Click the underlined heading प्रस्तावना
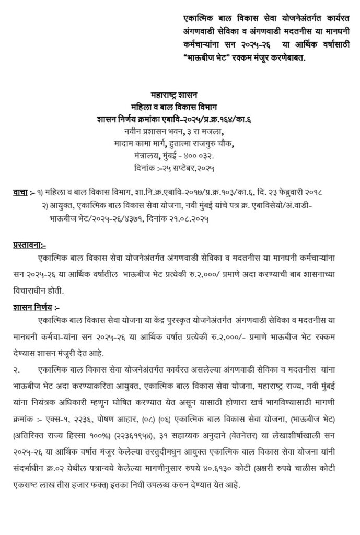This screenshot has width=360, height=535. [29, 244]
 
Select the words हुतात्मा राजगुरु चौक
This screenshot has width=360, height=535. [206, 143]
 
